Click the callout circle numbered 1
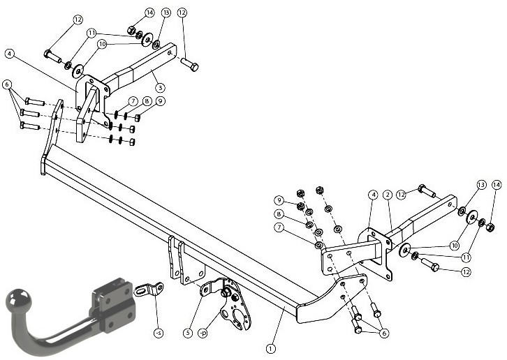[x=271, y=349]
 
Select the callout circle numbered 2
[x=388, y=195]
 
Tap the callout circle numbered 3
[x=160, y=88]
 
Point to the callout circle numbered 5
[x=188, y=333]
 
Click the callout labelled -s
[x=158, y=333]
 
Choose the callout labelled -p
[x=203, y=333]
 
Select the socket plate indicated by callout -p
[x=235, y=306]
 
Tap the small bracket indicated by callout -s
[x=149, y=289]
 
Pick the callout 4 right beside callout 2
[x=373, y=195]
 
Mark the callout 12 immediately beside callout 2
[x=402, y=195]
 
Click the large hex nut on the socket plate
[x=225, y=293]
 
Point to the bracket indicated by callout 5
[x=212, y=287]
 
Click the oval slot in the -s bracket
[x=140, y=292]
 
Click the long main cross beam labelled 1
[x=175, y=226]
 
